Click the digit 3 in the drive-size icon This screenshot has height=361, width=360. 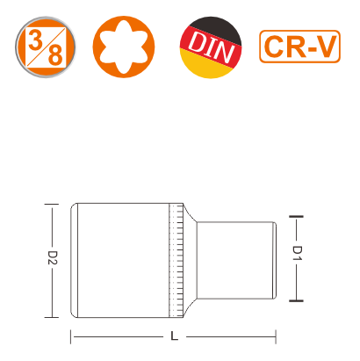tap(36, 40)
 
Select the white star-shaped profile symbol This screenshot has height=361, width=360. tap(124, 47)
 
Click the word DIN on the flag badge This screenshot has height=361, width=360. tap(212, 47)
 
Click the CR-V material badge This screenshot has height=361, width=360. tap(299, 47)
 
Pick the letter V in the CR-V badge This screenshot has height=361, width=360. tap(326, 47)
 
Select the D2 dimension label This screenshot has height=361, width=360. tap(53, 257)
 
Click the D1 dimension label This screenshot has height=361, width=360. tap(298, 253)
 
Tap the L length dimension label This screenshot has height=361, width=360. tap(174, 336)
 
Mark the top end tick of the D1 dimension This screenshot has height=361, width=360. tap(296, 217)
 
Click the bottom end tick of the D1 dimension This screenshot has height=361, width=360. tap(296, 300)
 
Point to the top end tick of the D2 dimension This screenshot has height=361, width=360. tap(52, 204)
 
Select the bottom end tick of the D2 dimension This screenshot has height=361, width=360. tap(52, 317)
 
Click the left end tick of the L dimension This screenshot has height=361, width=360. tap(70, 336)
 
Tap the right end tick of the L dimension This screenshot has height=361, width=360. tap(276, 336)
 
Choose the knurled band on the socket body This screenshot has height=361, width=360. tap(176, 260)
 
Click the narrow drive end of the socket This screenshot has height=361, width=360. tap(236, 260)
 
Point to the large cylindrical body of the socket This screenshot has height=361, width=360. tap(120, 260)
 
